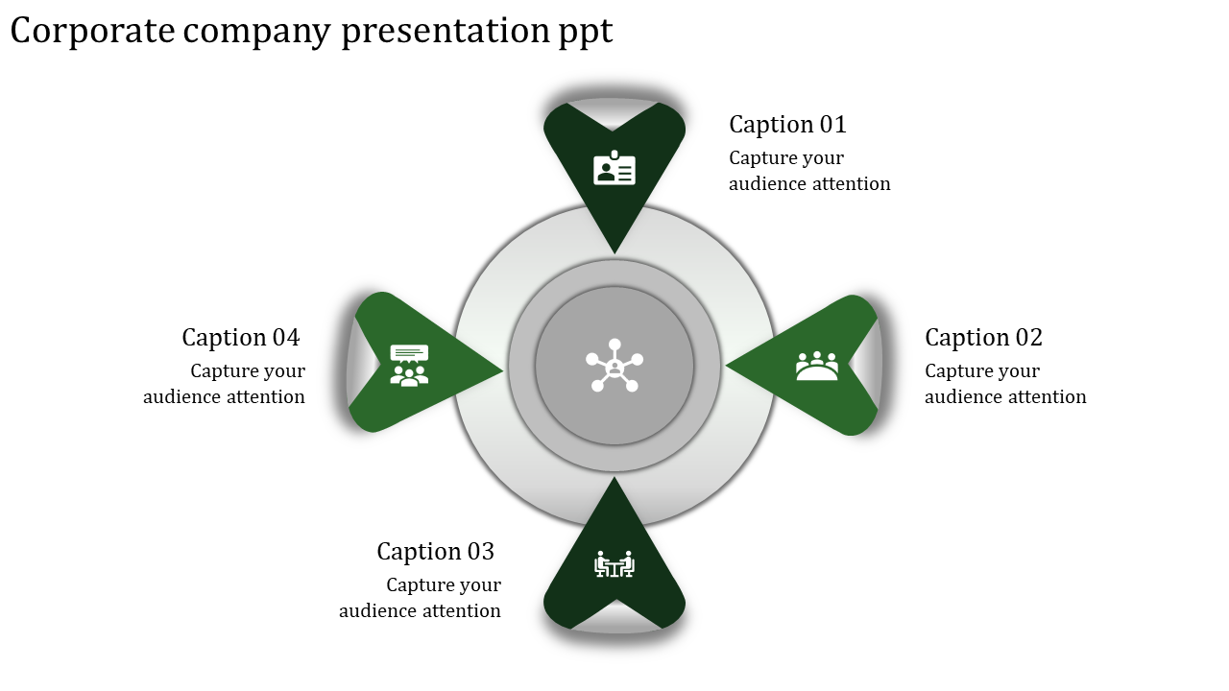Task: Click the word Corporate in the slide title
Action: (93, 32)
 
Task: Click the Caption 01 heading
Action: (787, 125)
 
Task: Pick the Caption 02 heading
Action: (983, 338)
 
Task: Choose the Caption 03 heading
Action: (435, 552)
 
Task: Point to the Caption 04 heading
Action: (240, 338)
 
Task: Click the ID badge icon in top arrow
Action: (614, 169)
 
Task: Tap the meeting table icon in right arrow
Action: (817, 366)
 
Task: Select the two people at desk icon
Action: (614, 564)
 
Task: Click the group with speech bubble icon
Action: (409, 366)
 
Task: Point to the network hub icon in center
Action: (614, 366)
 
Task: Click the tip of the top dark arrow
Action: (614, 251)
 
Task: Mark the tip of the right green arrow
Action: (728, 366)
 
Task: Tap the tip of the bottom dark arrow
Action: (614, 480)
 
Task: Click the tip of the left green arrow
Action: (501, 368)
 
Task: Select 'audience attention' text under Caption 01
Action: (809, 184)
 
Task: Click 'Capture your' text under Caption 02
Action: (982, 371)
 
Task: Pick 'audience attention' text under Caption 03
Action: (420, 611)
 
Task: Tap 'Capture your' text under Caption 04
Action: (248, 371)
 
